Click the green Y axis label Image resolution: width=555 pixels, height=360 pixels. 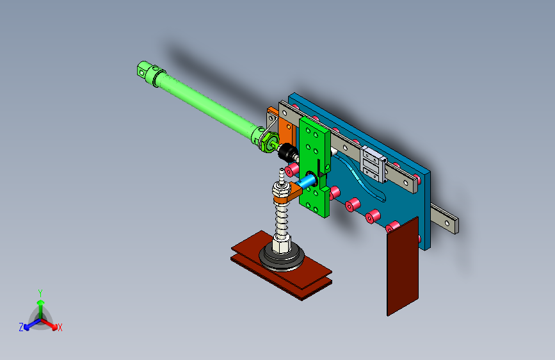click(40, 293)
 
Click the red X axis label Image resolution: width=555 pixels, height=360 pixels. click(60, 328)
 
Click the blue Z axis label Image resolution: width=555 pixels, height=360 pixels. click(21, 327)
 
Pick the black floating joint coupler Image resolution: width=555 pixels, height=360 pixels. click(287, 152)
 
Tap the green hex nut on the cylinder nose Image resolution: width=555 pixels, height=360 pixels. click(268, 141)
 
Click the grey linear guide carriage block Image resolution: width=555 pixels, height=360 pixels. click(373, 165)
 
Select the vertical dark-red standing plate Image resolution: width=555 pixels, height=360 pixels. click(403, 266)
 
